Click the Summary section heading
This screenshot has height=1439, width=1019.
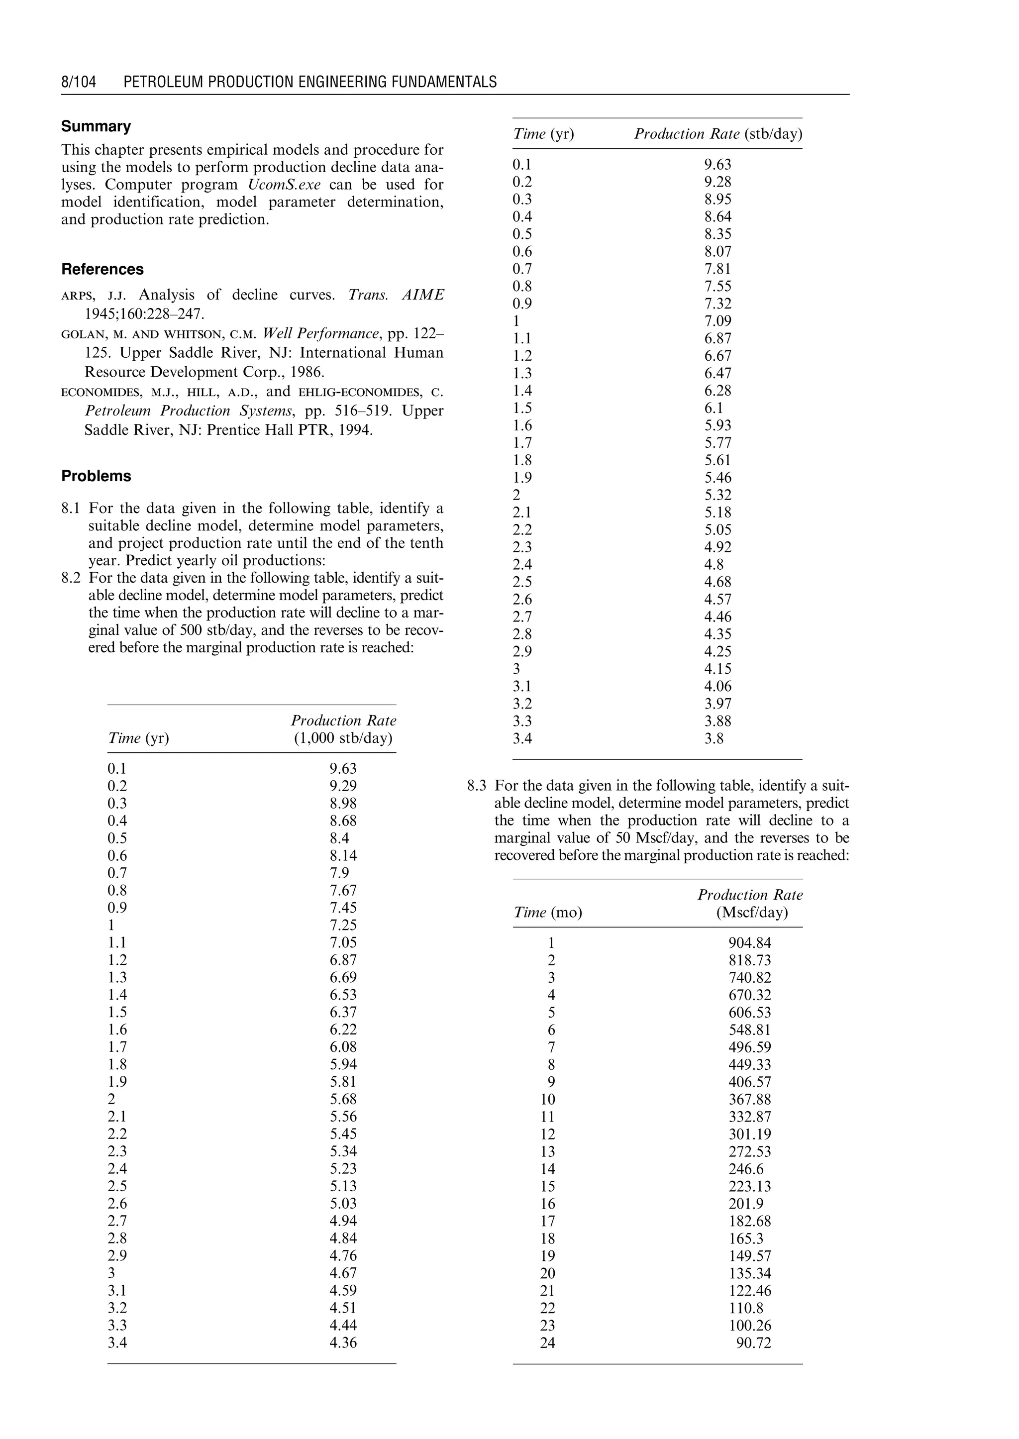pyautogui.click(x=96, y=126)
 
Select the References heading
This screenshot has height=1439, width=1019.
pyautogui.click(x=102, y=269)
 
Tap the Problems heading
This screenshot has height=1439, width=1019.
pyautogui.click(x=96, y=476)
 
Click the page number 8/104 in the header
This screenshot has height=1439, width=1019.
pyautogui.click(x=79, y=82)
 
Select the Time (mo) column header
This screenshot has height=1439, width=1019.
pyautogui.click(x=548, y=913)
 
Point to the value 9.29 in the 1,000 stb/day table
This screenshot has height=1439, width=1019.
pyautogui.click(x=343, y=786)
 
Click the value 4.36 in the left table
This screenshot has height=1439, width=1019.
pyautogui.click(x=343, y=1343)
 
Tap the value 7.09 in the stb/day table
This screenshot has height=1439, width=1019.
pyautogui.click(x=717, y=320)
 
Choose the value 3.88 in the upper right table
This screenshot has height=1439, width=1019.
pyautogui.click(x=717, y=721)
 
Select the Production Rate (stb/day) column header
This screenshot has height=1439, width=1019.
pyautogui.click(x=718, y=134)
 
